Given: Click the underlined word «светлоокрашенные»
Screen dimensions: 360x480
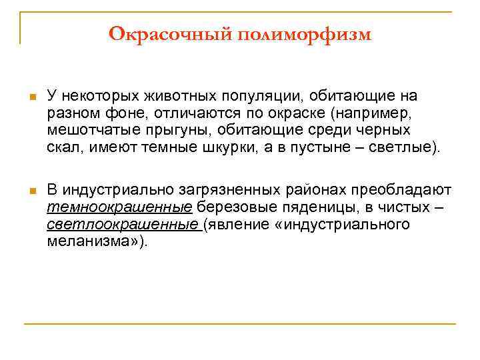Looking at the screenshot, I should [124, 224].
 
